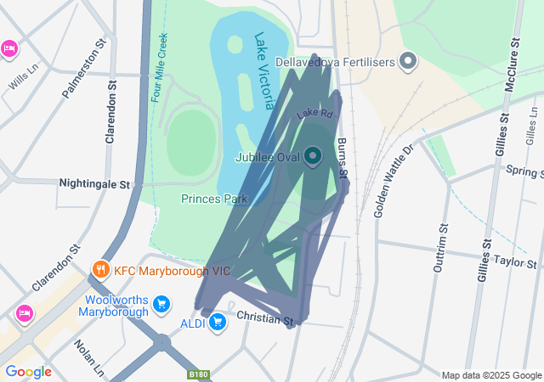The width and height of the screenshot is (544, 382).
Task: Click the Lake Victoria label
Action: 264,70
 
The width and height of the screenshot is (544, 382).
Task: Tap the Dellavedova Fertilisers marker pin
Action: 409,60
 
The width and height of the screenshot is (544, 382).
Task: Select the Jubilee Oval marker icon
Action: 313,155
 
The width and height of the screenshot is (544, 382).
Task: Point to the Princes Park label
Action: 213,199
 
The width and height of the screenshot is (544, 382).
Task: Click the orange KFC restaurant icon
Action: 100,271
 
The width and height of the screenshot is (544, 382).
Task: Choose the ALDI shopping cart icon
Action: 218,322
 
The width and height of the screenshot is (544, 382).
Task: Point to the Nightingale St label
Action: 93,183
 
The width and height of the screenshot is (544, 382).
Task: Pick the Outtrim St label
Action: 440,247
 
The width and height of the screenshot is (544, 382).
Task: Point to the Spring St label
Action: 524,171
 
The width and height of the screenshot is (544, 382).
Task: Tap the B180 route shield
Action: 198,374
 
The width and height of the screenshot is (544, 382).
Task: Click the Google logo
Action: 28,371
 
